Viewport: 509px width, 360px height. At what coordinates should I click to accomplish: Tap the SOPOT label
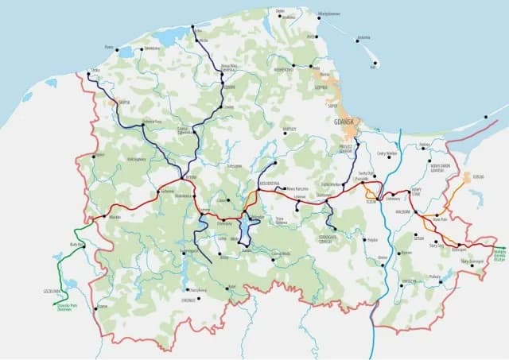pos(332,103)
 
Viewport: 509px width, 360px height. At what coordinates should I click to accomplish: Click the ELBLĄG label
pos(478,176)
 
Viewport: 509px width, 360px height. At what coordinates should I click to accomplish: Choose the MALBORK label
pos(402,212)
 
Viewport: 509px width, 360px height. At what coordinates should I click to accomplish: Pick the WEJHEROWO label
pos(284,70)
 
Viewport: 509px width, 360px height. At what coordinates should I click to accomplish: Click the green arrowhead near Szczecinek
pos(56,303)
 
